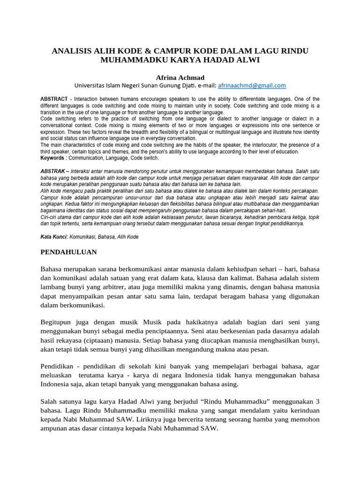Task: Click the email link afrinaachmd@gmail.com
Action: (x=252, y=85)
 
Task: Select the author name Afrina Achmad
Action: (x=180, y=77)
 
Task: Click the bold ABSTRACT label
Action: (x=54, y=99)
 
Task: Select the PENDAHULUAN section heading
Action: (x=69, y=252)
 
